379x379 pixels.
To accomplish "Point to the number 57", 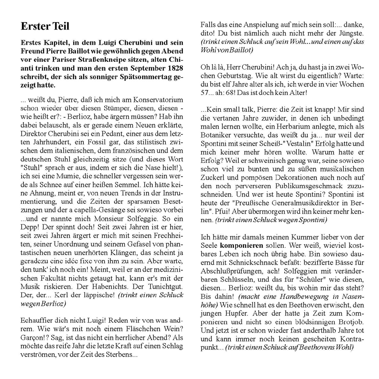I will coord(205,92).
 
